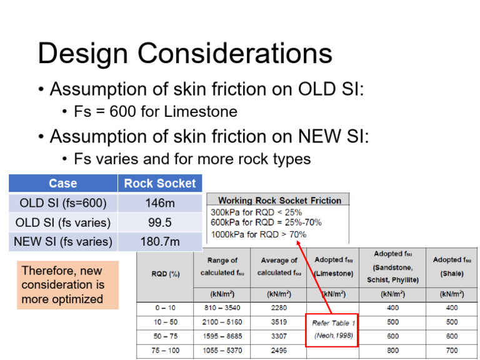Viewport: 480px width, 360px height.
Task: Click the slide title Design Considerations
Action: click(x=185, y=53)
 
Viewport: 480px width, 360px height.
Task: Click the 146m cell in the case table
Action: click(x=160, y=203)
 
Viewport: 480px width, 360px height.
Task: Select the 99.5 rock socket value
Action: click(x=160, y=222)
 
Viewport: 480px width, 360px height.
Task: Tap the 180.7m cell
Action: click(x=160, y=241)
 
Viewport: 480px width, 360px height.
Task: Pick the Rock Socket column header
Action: click(x=160, y=183)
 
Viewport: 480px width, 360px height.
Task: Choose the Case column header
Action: click(x=63, y=183)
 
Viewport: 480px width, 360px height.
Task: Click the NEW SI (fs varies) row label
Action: click(x=63, y=241)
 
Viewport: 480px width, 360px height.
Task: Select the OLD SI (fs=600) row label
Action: click(x=63, y=203)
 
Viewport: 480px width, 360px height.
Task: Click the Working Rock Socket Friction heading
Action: click(x=279, y=201)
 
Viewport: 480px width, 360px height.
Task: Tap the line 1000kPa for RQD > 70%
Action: click(x=259, y=234)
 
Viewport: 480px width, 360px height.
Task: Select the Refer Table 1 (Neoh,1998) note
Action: click(x=332, y=329)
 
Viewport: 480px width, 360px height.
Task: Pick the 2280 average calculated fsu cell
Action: click(x=279, y=307)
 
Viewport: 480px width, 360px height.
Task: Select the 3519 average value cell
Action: click(x=279, y=322)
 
